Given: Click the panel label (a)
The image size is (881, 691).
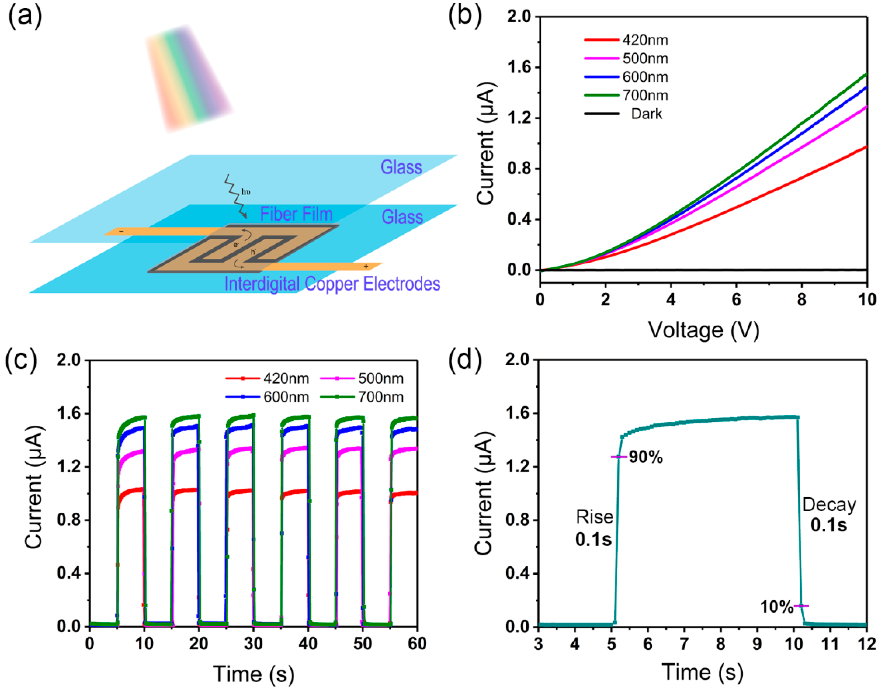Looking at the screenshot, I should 25,17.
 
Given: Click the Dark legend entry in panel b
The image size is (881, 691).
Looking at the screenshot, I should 646,114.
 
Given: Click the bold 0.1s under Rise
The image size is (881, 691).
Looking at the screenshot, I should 593,539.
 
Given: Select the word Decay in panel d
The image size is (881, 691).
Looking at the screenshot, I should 829,505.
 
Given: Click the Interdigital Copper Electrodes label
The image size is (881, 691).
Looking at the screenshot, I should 332,284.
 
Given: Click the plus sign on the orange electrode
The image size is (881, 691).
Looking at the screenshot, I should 366,266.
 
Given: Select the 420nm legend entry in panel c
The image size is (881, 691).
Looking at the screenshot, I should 286,379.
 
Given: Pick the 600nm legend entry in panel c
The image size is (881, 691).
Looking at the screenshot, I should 286,397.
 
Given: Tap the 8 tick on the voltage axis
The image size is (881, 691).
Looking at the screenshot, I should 801,300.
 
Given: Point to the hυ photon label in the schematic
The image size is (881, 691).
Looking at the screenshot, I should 245,192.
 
